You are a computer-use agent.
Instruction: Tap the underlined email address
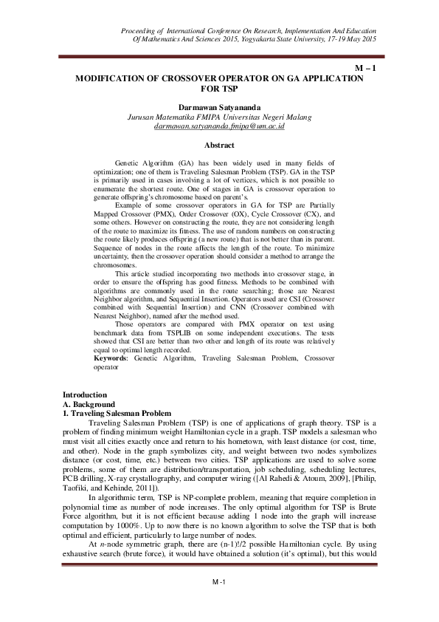tap(220, 126)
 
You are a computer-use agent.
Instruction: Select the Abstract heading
tap(219, 145)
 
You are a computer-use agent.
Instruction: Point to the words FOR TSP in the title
tap(219, 87)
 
